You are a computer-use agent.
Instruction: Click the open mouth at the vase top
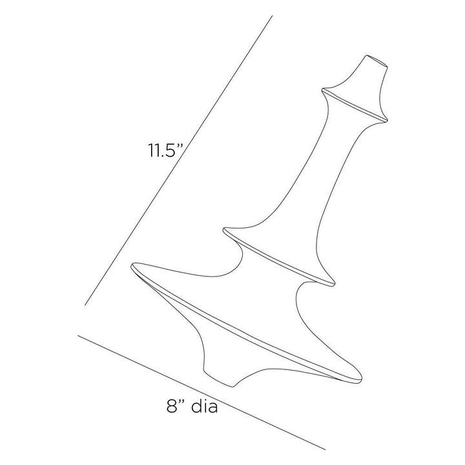377,61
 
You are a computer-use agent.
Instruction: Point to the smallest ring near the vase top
355,105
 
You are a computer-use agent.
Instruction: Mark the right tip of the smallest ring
387,119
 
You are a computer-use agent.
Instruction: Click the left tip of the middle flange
224,229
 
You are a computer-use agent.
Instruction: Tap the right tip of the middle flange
335,285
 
